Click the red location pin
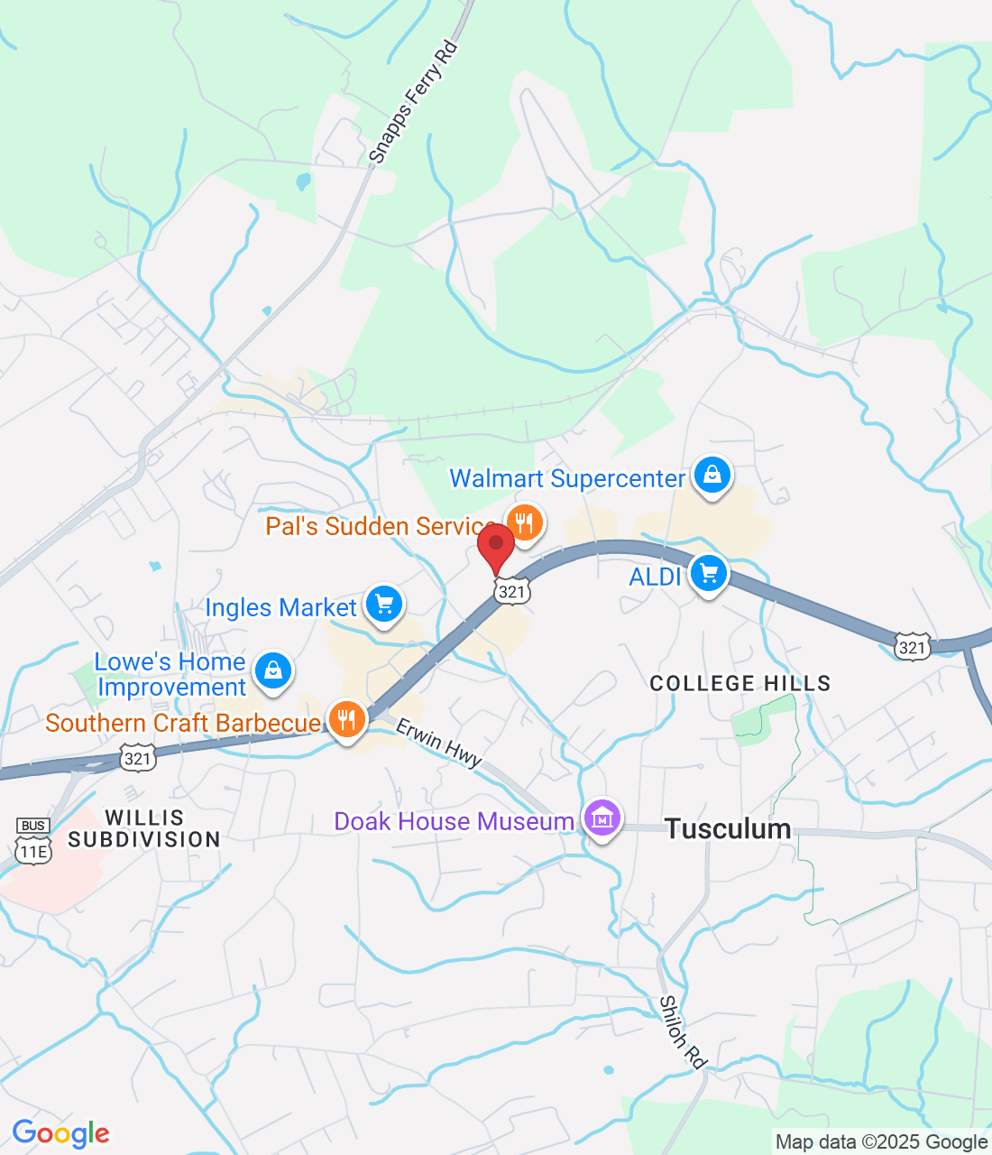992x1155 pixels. pos(495,545)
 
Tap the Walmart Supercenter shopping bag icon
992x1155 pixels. pos(712,475)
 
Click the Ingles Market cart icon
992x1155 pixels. pos(384,604)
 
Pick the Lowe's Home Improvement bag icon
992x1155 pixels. pos(272,670)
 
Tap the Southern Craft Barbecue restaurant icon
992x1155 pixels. pos(346,720)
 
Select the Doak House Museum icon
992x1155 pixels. pos(602,818)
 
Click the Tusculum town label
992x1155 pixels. pos(728,828)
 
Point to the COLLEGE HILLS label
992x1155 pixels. pos(740,683)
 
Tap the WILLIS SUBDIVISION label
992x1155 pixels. pos(144,828)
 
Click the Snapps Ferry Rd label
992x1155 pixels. pos(414,102)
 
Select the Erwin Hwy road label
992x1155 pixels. pos(439,743)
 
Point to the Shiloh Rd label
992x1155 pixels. pos(682,1032)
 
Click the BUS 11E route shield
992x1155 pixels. pos(33,840)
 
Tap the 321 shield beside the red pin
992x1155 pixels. pos(511,591)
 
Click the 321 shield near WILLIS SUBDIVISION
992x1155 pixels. pos(138,758)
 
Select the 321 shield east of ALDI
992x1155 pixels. pos(913,647)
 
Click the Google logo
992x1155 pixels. pos(61,1133)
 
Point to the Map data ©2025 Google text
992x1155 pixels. pos(881,1141)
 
